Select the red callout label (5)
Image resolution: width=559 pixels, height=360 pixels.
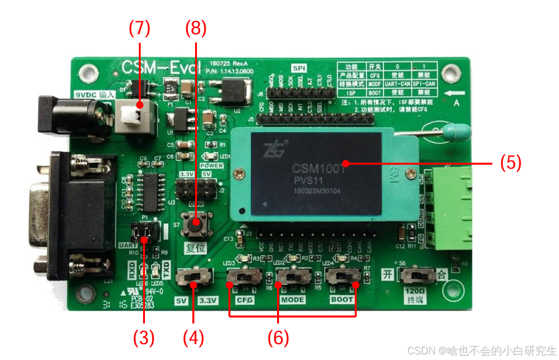click(511, 163)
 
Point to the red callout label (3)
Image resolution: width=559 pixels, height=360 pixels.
click(145, 337)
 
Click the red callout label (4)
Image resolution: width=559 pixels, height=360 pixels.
click(193, 337)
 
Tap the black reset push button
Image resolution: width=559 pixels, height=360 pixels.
click(196, 224)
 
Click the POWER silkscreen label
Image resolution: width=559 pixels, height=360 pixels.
click(212, 165)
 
